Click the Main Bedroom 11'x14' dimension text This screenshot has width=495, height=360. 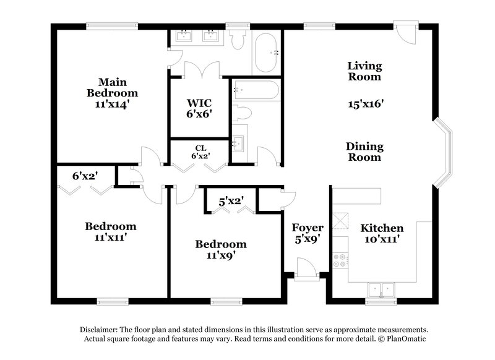[112, 105]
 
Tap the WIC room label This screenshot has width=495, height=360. [200, 102]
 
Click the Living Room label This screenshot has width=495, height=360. [364, 71]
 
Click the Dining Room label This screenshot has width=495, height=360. [364, 152]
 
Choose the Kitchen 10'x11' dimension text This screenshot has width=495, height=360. [382, 239]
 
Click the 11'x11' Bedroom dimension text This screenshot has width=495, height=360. [111, 237]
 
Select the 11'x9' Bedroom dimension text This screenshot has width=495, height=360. [221, 254]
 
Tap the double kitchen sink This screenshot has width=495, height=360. [381, 288]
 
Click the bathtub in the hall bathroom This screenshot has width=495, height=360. [254, 92]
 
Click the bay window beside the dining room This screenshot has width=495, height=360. [443, 151]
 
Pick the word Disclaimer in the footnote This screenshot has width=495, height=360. [102, 330]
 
